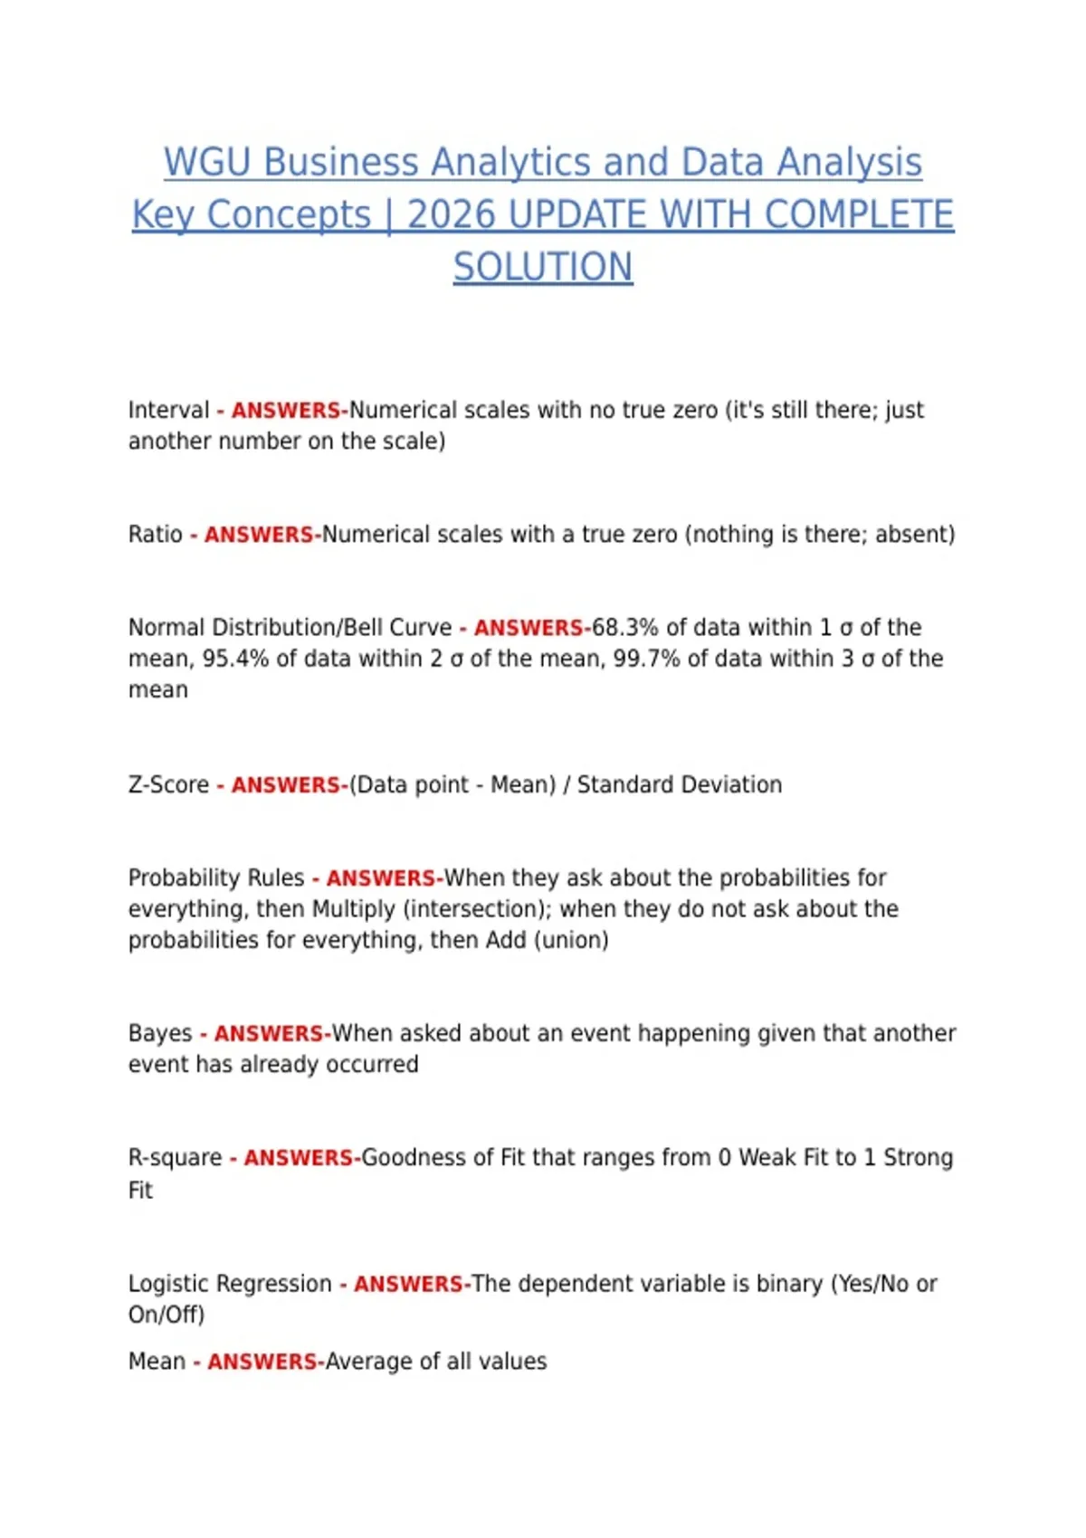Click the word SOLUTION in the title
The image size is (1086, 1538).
[543, 268]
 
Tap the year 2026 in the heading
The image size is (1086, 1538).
[451, 215]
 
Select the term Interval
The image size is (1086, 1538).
[168, 410]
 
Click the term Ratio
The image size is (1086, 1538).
[155, 534]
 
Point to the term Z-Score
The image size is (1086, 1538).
[168, 784]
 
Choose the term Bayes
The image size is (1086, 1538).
[160, 1033]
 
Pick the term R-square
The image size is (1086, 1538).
[175, 1158]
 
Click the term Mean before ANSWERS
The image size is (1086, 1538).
[157, 1362]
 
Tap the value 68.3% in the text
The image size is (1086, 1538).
[624, 627]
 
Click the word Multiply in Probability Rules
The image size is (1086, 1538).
[353, 908]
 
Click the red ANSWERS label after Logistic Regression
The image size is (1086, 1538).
[409, 1284]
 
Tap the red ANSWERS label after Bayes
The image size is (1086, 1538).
[270, 1033]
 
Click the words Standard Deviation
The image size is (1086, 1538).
[679, 784]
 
